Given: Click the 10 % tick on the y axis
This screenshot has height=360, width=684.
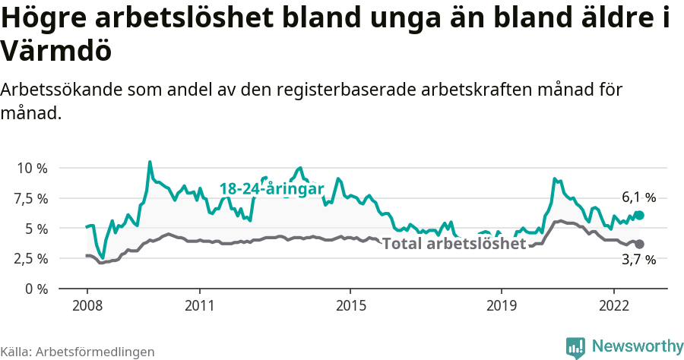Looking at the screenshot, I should tap(31, 168).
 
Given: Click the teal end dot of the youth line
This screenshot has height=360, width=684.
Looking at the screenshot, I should tap(640, 215).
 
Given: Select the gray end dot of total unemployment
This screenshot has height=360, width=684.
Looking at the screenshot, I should tap(640, 244).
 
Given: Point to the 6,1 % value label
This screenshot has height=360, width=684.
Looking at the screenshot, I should tap(638, 197).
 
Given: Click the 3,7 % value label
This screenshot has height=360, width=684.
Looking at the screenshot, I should tap(638, 260).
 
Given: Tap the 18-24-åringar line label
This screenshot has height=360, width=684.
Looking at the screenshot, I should tap(271, 189).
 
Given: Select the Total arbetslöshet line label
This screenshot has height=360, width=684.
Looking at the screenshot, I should tap(454, 244).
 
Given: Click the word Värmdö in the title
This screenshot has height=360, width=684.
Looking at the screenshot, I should tap(57, 51).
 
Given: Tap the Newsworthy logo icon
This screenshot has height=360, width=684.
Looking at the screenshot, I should tap(575, 347).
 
